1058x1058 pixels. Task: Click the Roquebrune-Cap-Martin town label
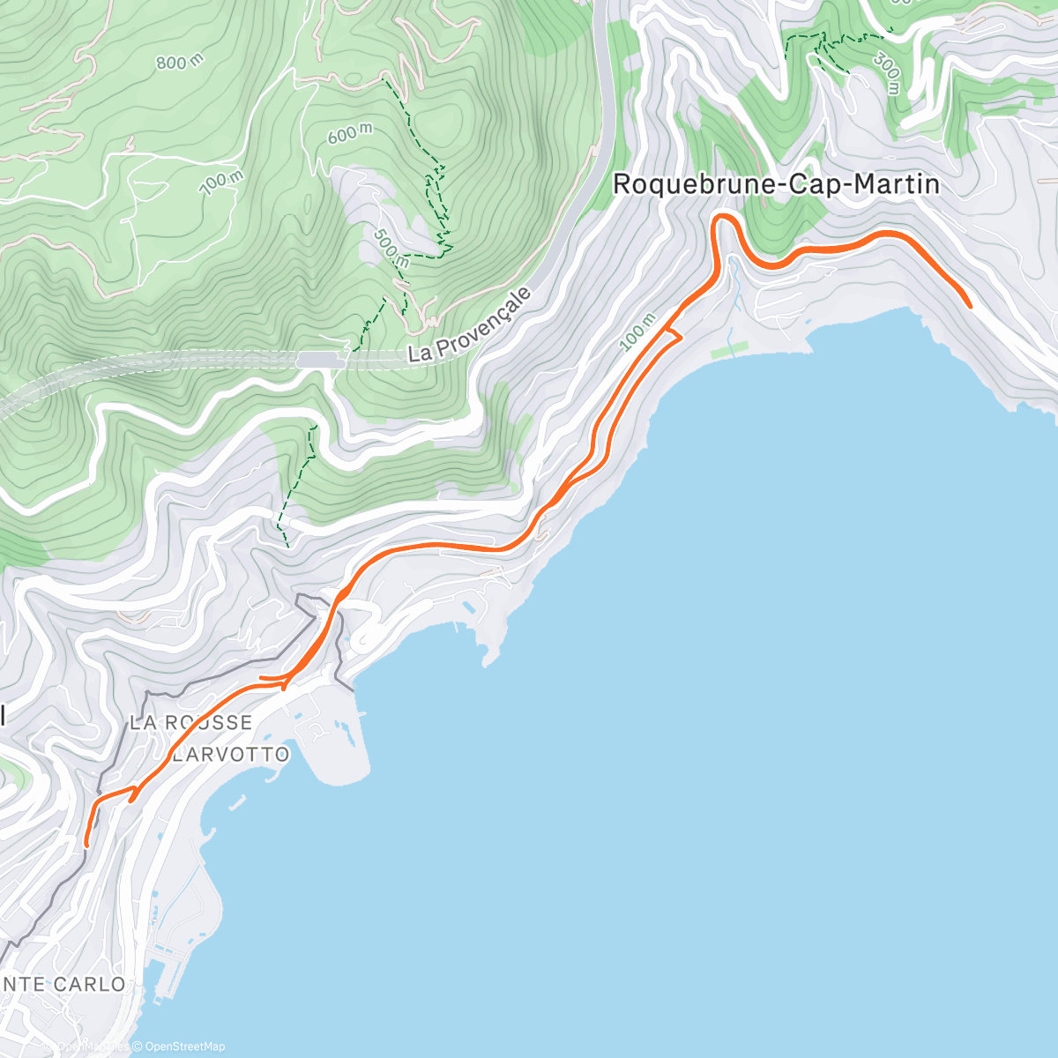point(775,184)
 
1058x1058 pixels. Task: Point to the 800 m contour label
point(179,62)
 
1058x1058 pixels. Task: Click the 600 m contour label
point(349,134)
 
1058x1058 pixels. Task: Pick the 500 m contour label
point(391,249)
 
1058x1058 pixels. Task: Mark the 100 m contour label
point(637,333)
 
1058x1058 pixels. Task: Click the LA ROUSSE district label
point(190,722)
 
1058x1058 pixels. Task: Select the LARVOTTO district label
point(231,755)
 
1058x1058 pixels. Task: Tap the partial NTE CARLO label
point(63,984)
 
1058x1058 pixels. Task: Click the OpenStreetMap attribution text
point(184,1047)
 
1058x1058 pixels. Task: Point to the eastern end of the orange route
point(970,306)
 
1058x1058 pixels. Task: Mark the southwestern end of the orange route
point(86,845)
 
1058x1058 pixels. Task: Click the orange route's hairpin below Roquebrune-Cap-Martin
point(723,217)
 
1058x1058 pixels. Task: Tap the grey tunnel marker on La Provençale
point(320,359)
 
